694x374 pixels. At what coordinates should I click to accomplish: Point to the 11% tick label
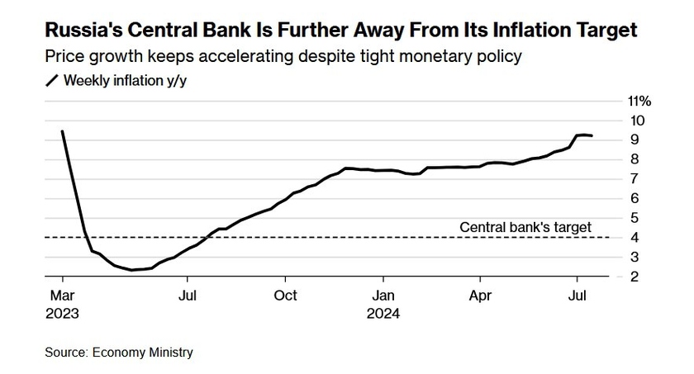click(x=640, y=101)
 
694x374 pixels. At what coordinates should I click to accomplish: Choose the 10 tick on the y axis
click(x=637, y=121)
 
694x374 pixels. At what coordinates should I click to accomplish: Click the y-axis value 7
click(x=634, y=178)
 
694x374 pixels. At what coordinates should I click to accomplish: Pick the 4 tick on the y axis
click(x=634, y=237)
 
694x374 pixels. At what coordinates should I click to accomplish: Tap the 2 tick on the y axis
click(x=634, y=277)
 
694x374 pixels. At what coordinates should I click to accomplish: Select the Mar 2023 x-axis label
click(x=62, y=304)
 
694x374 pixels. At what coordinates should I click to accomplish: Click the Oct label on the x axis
click(x=285, y=295)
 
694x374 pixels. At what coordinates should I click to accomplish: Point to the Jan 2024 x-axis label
click(x=383, y=304)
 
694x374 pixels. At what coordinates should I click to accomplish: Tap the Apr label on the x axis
click(x=480, y=295)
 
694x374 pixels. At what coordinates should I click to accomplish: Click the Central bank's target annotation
click(x=525, y=226)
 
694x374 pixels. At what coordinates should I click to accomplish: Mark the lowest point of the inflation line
click(x=132, y=270)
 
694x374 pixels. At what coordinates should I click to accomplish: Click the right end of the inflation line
click(x=592, y=136)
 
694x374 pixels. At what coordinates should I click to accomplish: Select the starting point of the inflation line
click(x=62, y=131)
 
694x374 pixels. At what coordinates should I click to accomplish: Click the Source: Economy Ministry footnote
click(x=119, y=353)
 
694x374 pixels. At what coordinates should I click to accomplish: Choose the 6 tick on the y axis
click(x=634, y=198)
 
